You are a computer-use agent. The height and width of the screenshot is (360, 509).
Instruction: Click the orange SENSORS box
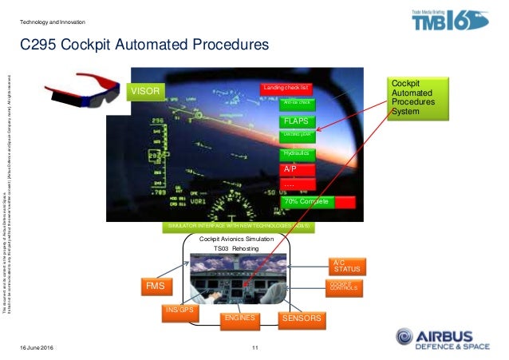(x=302, y=318)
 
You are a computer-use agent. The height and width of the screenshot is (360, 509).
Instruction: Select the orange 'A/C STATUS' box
(x=346, y=267)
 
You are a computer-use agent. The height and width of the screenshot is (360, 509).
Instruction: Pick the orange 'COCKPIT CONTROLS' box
(x=345, y=286)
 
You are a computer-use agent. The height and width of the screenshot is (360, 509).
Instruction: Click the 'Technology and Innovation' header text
(x=53, y=22)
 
